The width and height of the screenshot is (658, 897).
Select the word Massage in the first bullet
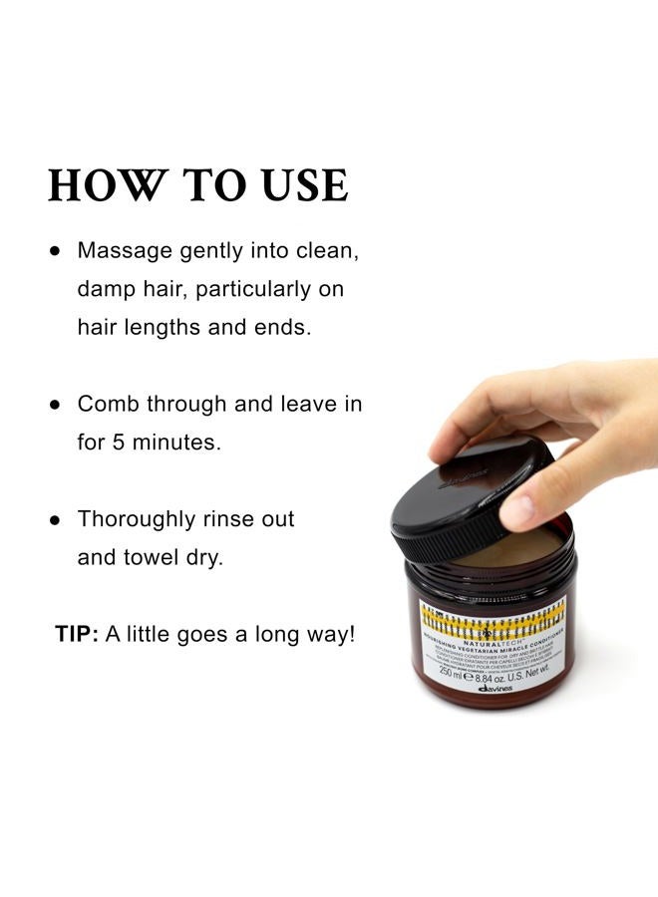coord(124,250)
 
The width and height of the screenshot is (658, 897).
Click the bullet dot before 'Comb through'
coord(56,405)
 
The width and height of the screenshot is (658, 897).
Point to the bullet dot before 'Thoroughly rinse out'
coord(56,520)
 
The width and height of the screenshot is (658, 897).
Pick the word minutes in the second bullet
coord(176,442)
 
